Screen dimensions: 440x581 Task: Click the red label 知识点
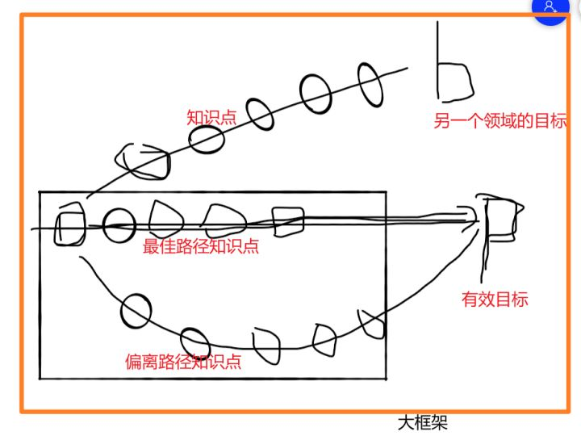[211, 117]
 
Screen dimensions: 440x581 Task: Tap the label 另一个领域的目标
[500, 122]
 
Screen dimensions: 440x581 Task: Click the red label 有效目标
[495, 300]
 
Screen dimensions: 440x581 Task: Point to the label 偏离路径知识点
[184, 361]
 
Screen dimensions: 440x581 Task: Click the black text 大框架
[423, 422]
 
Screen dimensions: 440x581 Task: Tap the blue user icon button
[551, 7]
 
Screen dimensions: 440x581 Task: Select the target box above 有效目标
[500, 218]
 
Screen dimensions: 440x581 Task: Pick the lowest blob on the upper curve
[144, 161]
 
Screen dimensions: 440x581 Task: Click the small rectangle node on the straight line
[287, 221]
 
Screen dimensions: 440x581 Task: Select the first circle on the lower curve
[136, 310]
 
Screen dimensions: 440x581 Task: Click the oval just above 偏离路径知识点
[195, 342]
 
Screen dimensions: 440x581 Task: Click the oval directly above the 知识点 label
[207, 139]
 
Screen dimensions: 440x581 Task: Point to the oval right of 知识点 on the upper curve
[260, 113]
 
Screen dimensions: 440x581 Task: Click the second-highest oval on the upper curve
[316, 93]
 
